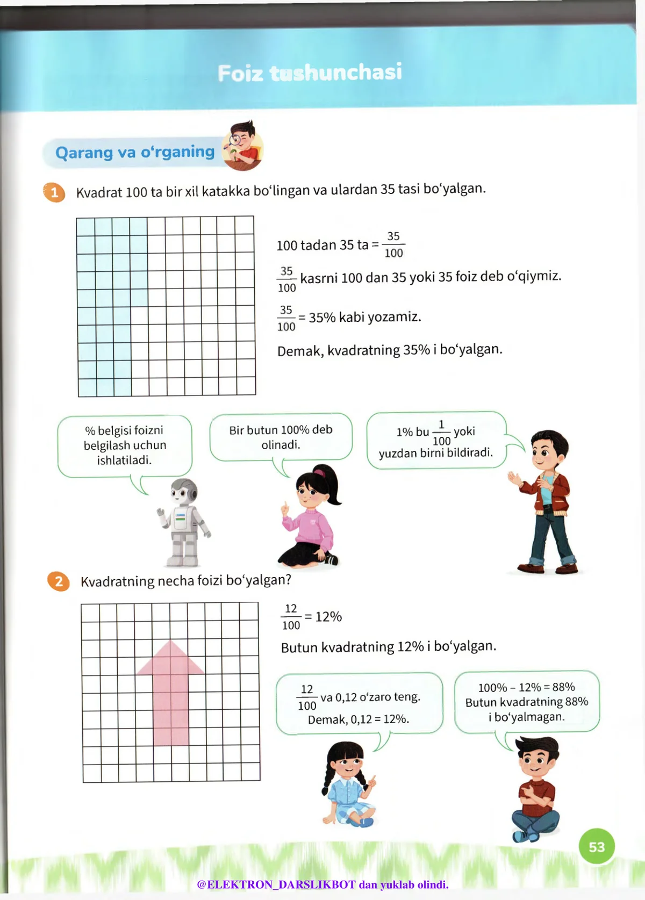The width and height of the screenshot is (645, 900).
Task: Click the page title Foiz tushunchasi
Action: pyautogui.click(x=310, y=73)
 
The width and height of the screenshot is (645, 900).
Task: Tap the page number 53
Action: pyautogui.click(x=597, y=847)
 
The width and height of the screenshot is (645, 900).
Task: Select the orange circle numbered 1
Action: pyautogui.click(x=54, y=192)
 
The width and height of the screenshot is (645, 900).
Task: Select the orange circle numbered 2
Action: pyautogui.click(x=59, y=581)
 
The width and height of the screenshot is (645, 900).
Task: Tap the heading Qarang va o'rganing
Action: pyautogui.click(x=135, y=153)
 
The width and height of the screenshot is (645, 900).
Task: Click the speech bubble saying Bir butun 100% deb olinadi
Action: pyautogui.click(x=281, y=437)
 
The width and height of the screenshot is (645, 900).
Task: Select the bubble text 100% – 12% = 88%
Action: pyautogui.click(x=527, y=687)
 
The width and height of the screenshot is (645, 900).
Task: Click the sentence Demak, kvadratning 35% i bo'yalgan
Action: pyautogui.click(x=390, y=350)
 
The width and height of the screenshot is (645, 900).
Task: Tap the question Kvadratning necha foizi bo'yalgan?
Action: pyautogui.click(x=186, y=581)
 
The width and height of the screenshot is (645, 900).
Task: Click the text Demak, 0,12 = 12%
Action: pyautogui.click(x=359, y=719)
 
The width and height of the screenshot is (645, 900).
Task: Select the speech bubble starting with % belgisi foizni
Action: pyautogui.click(x=125, y=445)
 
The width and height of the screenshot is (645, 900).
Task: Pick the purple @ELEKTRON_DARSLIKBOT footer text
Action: pyautogui.click(x=322, y=884)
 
